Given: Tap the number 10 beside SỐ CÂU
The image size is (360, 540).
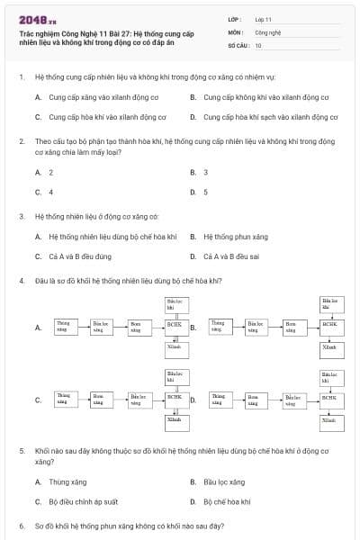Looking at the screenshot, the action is [258, 45].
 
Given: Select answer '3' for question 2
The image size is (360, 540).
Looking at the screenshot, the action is [206, 172].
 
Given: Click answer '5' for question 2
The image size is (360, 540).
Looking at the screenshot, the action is [206, 192].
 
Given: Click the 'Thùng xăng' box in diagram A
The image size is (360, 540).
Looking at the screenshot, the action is [64, 325].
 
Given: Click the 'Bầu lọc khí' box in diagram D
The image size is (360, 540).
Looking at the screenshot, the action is [330, 376].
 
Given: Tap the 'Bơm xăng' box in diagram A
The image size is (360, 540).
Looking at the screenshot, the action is [136, 325].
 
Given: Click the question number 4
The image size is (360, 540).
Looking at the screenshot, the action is [22, 281].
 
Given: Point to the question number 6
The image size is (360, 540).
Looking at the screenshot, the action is [22, 526].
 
